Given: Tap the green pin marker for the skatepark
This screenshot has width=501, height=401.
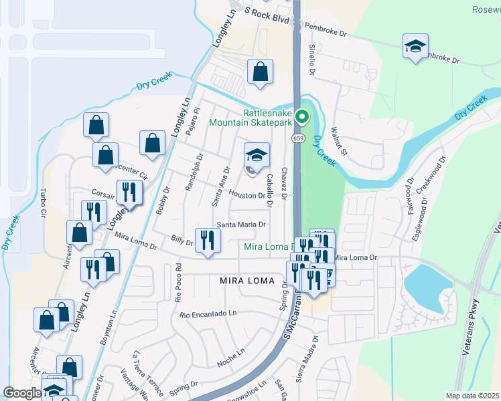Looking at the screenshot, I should coord(302,118).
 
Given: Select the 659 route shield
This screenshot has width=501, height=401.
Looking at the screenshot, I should coord(297,138).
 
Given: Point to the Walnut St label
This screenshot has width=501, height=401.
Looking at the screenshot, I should coord(338,141).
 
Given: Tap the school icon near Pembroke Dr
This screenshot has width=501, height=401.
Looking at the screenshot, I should coord(415,47).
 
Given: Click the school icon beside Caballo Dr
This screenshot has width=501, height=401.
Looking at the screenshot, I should coord(256,156).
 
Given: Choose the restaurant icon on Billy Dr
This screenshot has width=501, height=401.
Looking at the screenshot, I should coord(208,241).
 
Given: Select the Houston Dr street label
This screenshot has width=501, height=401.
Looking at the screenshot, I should coord(247,194).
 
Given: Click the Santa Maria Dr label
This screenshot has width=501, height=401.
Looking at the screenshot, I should coord(240,225).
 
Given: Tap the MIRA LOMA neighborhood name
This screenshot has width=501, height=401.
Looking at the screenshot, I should coord(247,281).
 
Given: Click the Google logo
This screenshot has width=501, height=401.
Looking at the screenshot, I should coord(23,393).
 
